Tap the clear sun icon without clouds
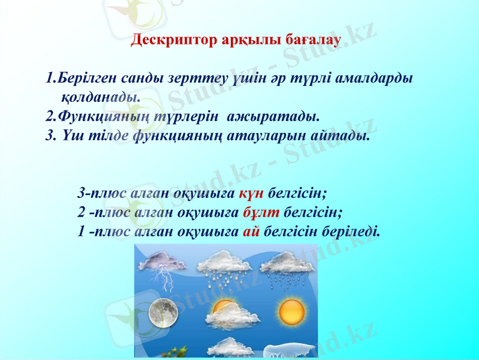292,311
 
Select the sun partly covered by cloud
225,312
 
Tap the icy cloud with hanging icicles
291,349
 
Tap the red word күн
252,194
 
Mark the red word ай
251,231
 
